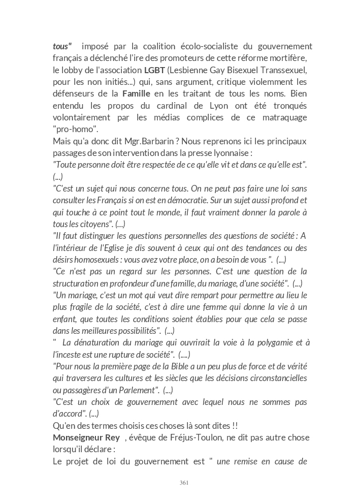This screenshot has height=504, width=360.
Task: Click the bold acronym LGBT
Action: click(154, 70)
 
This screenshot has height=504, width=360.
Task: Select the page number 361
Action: click(184, 483)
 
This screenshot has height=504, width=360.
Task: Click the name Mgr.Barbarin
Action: click(138, 141)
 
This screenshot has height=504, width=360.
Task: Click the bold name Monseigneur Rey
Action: click(86, 437)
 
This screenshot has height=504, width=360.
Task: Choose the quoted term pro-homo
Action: click(76, 129)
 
